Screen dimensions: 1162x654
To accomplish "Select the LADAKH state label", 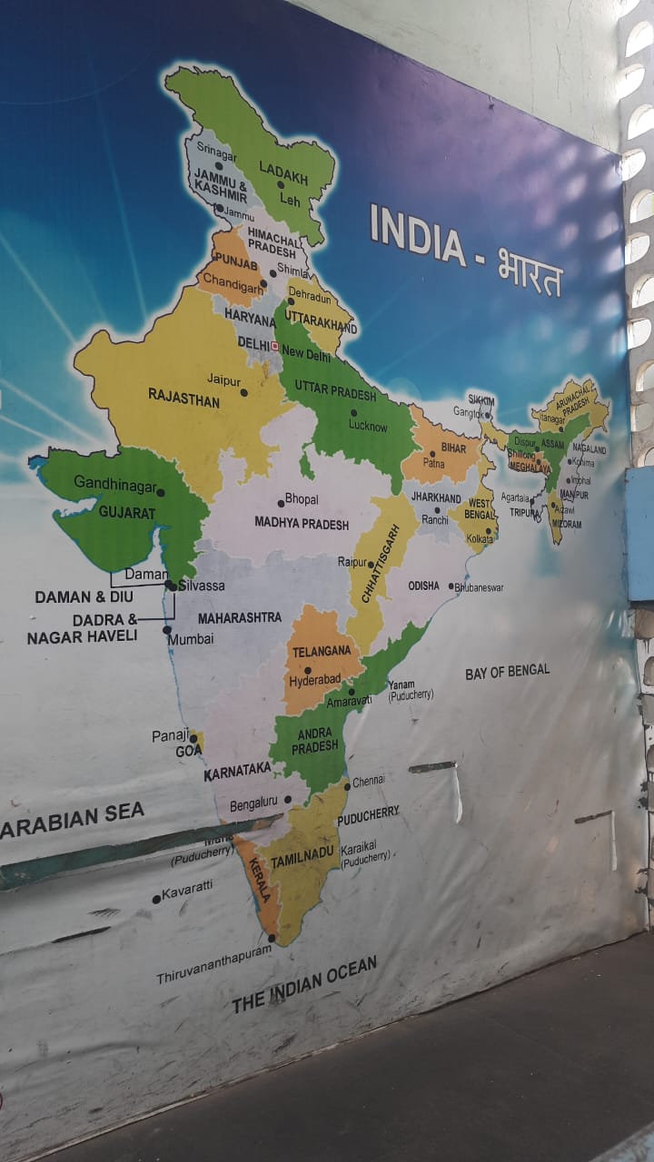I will [283, 169].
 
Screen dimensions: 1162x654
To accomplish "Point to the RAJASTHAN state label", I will [183, 398].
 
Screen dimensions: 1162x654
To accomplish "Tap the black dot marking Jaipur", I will [243, 393].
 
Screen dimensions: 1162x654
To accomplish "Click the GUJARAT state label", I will [127, 513].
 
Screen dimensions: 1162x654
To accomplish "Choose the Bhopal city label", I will [302, 499].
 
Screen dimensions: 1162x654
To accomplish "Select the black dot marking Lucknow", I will [353, 413].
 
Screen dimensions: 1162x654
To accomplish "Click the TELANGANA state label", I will [321, 651].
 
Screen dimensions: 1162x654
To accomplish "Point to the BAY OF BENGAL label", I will [507, 672].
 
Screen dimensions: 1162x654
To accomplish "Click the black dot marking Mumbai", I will [167, 629].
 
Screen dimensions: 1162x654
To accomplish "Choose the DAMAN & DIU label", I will [84, 596].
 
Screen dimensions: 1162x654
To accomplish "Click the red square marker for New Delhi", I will [274, 346].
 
